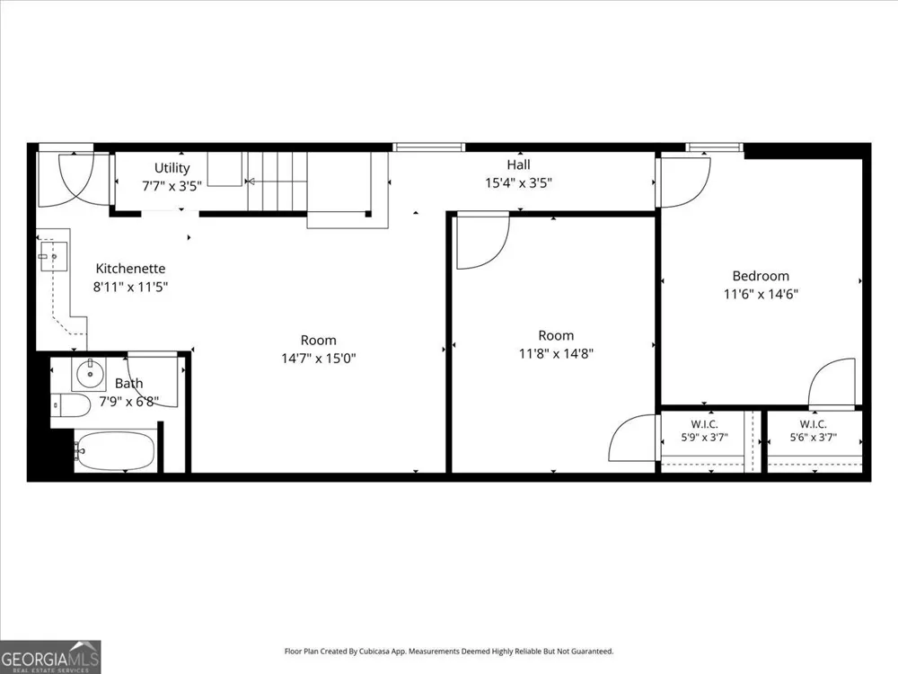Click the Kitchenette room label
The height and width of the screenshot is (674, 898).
point(130,268)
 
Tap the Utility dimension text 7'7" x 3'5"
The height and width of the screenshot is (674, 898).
point(172,186)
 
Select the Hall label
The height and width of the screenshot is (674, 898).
point(518,165)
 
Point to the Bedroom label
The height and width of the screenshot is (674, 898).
point(761,276)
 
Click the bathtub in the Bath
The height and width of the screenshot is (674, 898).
point(115,450)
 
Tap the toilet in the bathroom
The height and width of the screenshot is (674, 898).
point(71,406)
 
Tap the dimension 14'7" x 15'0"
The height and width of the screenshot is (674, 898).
point(319,359)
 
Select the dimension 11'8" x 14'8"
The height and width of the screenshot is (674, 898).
point(556,353)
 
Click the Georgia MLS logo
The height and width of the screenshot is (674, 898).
point(50,657)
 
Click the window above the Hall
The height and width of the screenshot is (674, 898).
point(428,147)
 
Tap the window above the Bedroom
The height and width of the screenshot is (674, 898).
point(714,147)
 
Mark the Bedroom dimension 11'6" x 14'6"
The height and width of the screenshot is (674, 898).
point(761,295)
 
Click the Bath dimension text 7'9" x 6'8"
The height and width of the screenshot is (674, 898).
point(128,401)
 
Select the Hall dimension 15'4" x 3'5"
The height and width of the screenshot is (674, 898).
point(518,183)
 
